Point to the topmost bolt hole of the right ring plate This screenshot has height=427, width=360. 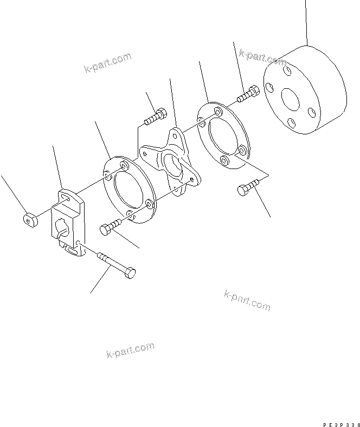217,112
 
